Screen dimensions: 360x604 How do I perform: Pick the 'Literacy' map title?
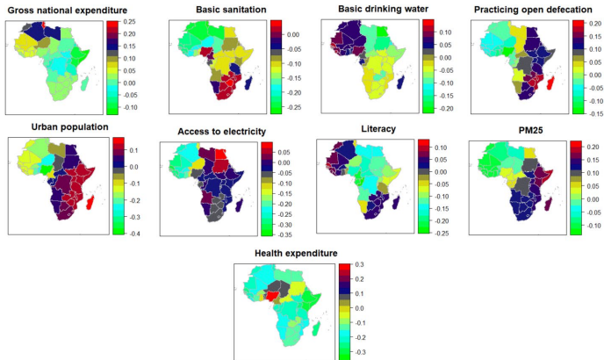pyautogui.click(x=379, y=128)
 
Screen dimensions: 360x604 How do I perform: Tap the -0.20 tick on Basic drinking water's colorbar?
pyautogui.click(x=442, y=108)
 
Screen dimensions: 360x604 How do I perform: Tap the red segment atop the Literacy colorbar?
pyautogui.click(x=423, y=143)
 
